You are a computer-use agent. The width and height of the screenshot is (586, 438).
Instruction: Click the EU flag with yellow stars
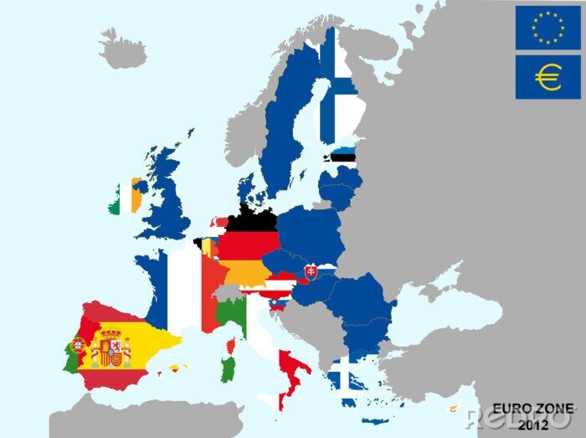click(547, 28)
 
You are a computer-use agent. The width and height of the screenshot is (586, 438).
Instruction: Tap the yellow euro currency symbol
click(547, 78)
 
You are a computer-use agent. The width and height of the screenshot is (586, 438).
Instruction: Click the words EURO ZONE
click(532, 408)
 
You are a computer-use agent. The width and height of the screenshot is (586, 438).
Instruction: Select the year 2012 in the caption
click(532, 425)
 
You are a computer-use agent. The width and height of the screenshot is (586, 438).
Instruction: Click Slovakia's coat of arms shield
click(311, 271)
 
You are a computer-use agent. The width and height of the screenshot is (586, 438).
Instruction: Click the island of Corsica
click(231, 345)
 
